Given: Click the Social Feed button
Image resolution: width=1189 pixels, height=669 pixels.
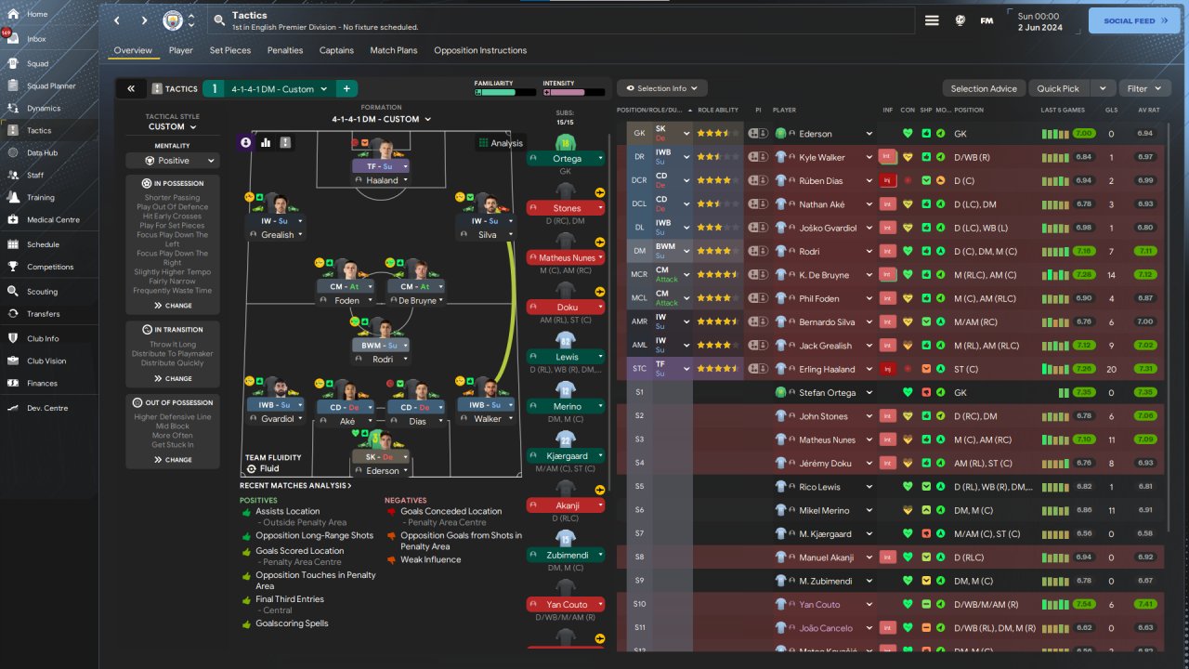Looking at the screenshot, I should coord(1133,20).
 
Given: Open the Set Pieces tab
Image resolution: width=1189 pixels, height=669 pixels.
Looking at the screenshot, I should coord(229,50).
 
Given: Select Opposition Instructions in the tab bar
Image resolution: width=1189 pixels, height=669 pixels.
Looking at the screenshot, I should coord(479,50).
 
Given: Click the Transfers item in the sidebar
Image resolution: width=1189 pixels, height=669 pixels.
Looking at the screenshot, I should coord(44,314).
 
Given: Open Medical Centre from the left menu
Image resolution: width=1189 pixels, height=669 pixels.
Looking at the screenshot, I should coord(53,220).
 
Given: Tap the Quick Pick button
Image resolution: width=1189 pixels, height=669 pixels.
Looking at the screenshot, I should coord(1058,88).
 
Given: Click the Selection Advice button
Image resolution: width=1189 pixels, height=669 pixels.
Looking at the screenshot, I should coord(984,88).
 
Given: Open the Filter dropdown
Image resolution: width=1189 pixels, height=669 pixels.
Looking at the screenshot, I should coord(1143,88).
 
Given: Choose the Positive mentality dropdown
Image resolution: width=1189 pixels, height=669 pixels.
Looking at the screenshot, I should coord(173,161).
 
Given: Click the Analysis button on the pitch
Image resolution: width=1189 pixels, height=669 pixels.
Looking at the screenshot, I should coord(500,143).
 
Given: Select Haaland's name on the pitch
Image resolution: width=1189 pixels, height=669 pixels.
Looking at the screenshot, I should coord(381,180).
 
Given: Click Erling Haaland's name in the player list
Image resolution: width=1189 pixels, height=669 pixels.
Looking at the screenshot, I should coord(827,369).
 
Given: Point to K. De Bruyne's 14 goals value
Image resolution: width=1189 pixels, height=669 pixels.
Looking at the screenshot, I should coord(1111,275).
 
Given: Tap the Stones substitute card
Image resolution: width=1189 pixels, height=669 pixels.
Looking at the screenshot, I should coord(567,208).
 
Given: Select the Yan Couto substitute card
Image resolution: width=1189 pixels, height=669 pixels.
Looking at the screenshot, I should coord(567,605).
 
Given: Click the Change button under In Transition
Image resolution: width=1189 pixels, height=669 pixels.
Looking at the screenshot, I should coord(173,378).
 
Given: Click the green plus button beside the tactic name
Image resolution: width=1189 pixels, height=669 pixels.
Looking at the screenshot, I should coord(346,89).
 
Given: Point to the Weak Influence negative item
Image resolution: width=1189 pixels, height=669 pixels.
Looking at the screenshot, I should coord(430,559).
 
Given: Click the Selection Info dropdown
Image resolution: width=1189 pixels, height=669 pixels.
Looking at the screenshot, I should coord(661,88).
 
